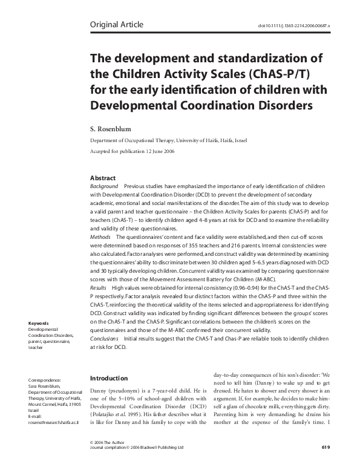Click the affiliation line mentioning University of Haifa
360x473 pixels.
162,140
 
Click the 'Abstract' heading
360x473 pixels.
100,178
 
